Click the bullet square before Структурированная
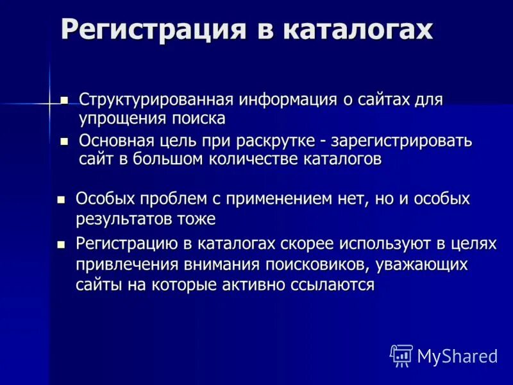(63, 100)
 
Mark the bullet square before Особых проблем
(62, 199)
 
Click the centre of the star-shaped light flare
(49, 102)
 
